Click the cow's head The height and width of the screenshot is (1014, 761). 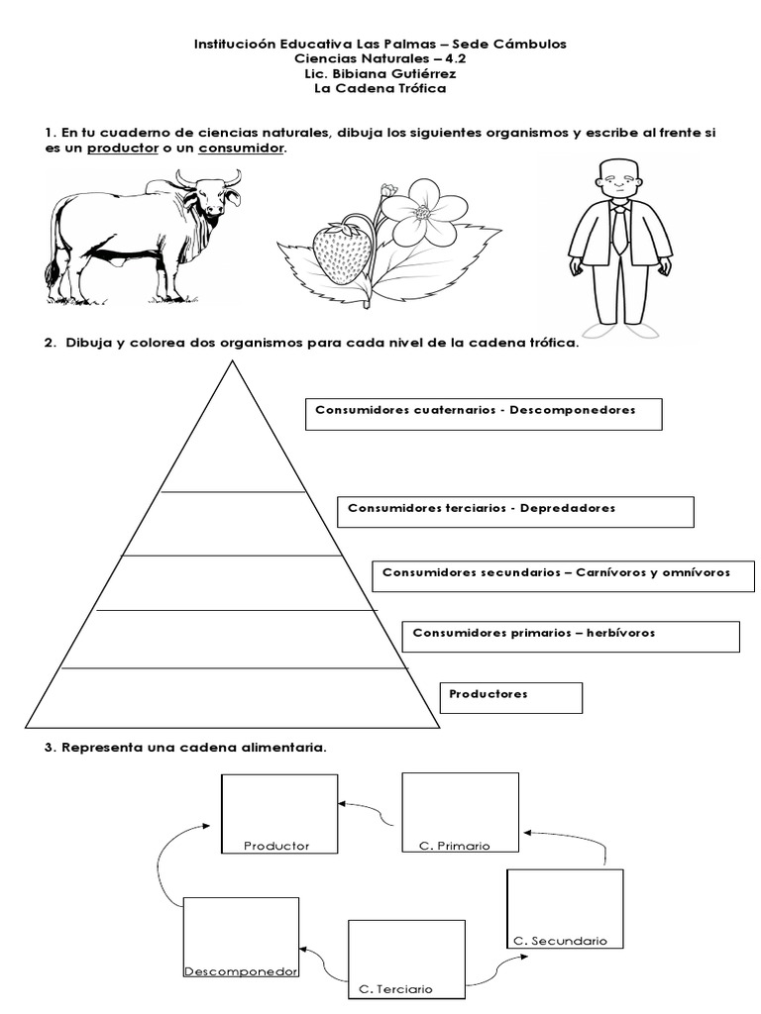pos(211,194)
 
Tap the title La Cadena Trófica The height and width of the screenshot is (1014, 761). pos(380,89)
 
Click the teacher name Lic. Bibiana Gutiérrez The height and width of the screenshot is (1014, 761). pos(380,74)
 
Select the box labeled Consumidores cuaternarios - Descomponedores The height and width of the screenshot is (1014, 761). pos(483,414)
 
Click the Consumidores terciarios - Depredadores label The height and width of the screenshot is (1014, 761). pos(515,512)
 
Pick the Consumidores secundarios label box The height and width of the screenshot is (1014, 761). pos(562,575)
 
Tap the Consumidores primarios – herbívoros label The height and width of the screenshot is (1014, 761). pos(571,636)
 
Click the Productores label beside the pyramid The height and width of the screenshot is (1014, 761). pos(510,697)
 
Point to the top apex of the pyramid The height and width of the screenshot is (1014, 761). pos(232,362)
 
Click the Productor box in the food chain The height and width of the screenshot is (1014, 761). pos(277,813)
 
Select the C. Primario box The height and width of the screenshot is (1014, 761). pos(460,812)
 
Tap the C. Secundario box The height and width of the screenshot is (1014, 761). pos(564,908)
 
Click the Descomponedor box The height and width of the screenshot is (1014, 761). pos(241,937)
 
